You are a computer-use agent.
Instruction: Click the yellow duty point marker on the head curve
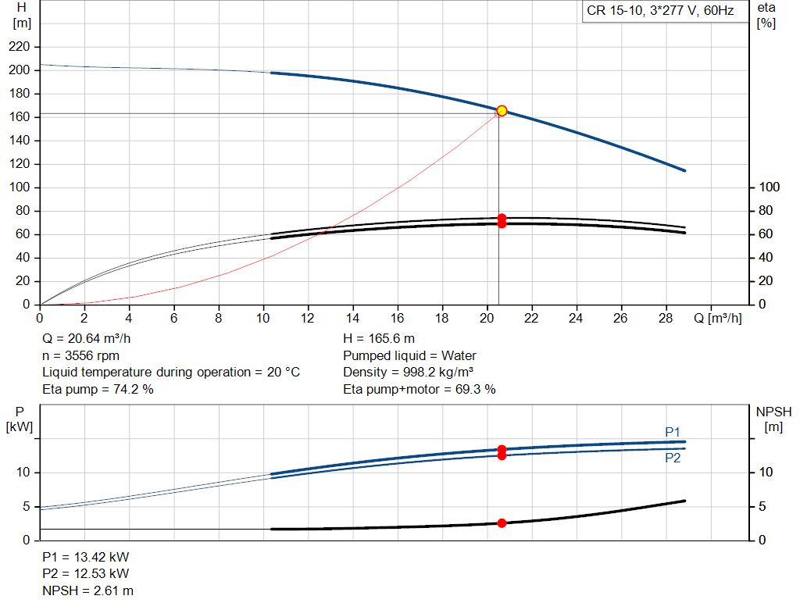pyautogui.click(x=502, y=111)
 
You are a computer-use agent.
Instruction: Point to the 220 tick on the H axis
pyautogui.click(x=20, y=47)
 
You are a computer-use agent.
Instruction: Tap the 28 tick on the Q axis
pyautogui.click(x=666, y=319)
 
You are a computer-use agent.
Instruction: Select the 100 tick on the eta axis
pyautogui.click(x=770, y=187)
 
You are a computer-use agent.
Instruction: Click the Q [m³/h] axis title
pyautogui.click(x=717, y=319)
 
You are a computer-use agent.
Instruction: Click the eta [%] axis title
pyautogui.click(x=766, y=15)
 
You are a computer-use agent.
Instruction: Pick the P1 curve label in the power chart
pyautogui.click(x=673, y=432)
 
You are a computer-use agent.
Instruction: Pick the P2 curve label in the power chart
pyautogui.click(x=673, y=458)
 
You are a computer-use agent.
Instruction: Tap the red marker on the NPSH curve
pyautogui.click(x=502, y=523)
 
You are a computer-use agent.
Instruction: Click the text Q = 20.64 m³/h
pyautogui.click(x=86, y=339)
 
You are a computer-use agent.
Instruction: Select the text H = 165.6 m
pyautogui.click(x=379, y=339)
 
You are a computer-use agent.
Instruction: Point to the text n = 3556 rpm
pyautogui.click(x=80, y=355)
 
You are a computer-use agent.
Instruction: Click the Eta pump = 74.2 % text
pyautogui.click(x=98, y=389)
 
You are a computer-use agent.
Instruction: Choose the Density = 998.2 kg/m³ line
pyautogui.click(x=408, y=372)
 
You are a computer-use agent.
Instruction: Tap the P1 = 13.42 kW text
pyautogui.click(x=85, y=558)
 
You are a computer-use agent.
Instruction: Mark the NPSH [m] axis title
pyautogui.click(x=773, y=419)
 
